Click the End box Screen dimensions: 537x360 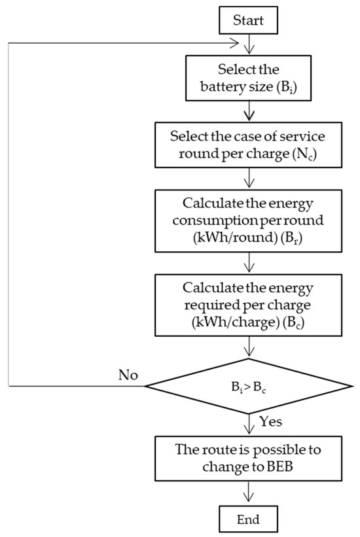[x=248, y=520]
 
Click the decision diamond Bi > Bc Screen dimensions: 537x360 [x=248, y=386]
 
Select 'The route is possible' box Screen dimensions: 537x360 [x=248, y=460]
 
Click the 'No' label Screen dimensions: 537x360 [x=128, y=375]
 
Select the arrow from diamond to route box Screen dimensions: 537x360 [x=248, y=425]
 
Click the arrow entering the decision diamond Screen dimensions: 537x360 [x=248, y=349]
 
